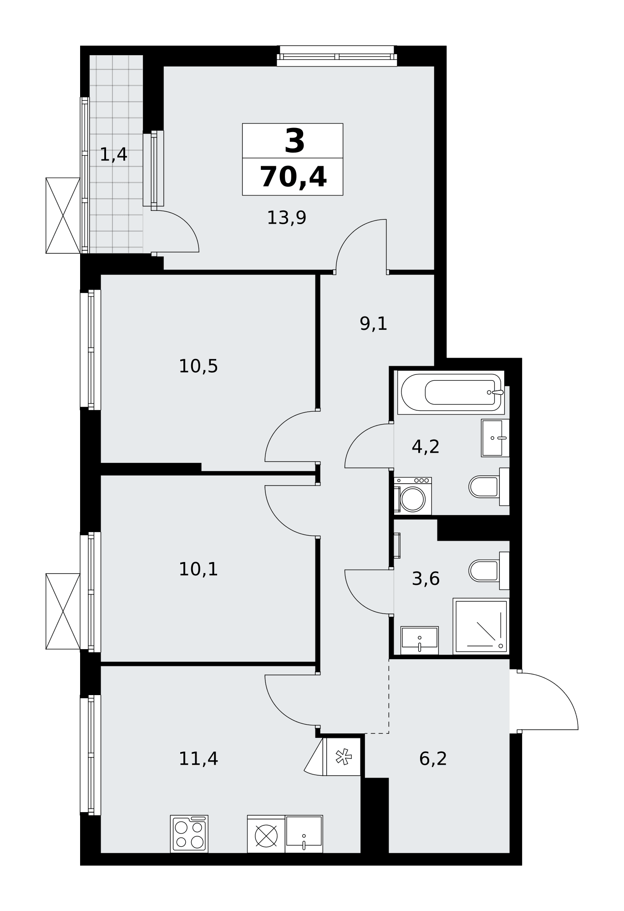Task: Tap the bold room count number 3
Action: click(294, 141)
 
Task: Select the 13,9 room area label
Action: click(286, 218)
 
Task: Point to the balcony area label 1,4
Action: click(113, 155)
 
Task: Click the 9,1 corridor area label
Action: click(373, 324)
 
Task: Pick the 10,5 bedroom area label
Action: click(198, 366)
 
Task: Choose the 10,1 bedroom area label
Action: click(198, 569)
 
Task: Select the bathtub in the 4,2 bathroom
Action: click(451, 392)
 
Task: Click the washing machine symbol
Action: click(413, 496)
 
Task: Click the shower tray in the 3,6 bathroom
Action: click(481, 626)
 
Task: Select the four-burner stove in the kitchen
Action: click(189, 834)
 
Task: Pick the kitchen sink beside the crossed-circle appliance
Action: click(304, 834)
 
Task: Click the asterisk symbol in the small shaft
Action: click(344, 757)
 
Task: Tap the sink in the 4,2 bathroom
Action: click(495, 438)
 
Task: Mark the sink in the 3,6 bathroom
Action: click(420, 640)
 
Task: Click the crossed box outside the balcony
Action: click(63, 215)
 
